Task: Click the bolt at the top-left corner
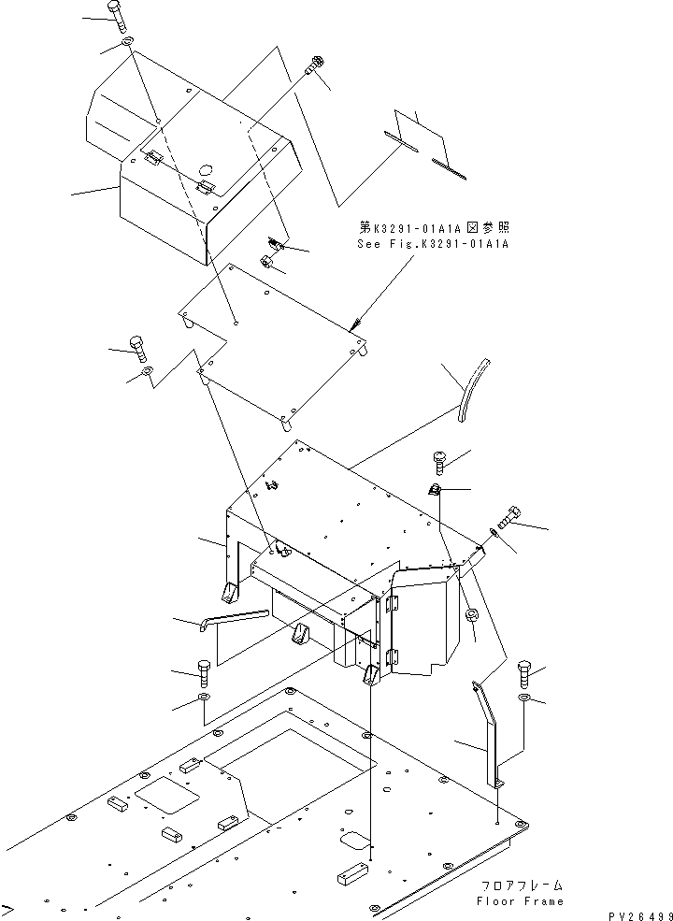coord(116,17)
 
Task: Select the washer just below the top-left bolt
coord(126,46)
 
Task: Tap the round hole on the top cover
coord(206,171)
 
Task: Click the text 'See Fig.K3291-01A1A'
coord(433,243)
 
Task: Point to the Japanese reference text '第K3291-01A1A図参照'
coord(435,227)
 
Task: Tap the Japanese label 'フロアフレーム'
coord(523,885)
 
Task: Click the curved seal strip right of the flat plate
coord(476,388)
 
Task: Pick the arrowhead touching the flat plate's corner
coord(355,327)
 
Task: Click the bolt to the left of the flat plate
coord(138,349)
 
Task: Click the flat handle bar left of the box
coord(234,620)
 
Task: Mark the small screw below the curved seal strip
coord(440,459)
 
